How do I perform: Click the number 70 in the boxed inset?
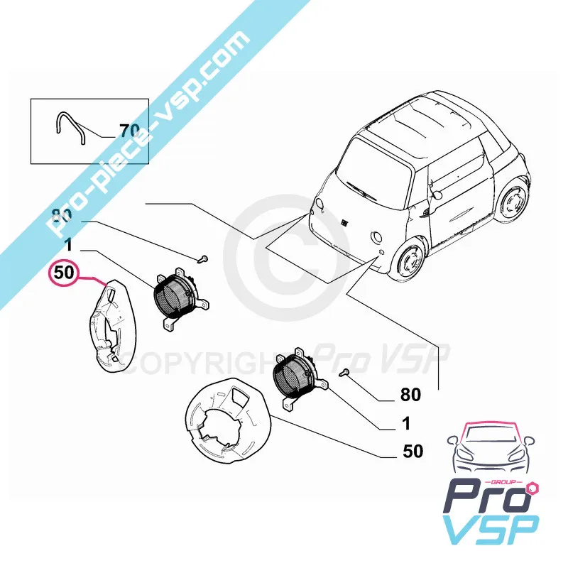130,131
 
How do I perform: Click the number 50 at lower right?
413,451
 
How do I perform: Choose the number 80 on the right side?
410,394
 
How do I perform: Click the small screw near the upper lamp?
202,258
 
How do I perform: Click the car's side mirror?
435,191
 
